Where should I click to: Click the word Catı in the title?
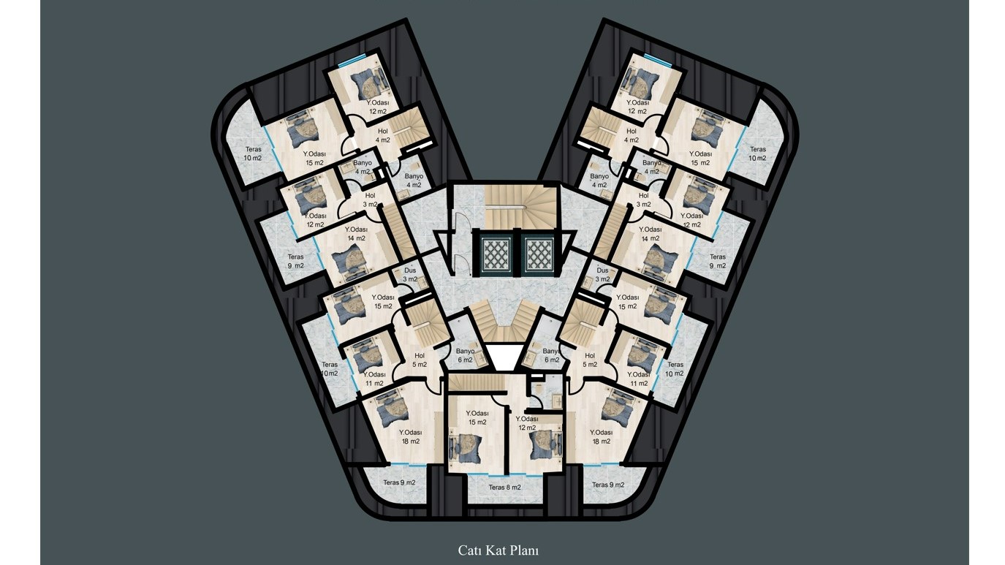click(x=468, y=550)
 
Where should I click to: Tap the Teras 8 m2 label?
click(x=505, y=487)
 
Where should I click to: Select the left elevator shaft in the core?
click(x=496, y=253)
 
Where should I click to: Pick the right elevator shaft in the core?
click(x=539, y=253)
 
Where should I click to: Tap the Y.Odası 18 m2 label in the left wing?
click(x=411, y=436)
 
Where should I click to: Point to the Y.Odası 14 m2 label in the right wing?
click(x=650, y=234)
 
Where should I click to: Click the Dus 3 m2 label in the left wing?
click(x=410, y=275)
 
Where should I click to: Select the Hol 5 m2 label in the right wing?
click(x=590, y=360)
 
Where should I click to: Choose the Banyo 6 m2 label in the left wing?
click(x=466, y=355)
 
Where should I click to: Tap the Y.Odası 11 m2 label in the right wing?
click(x=639, y=379)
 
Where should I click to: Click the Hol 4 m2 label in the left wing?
click(x=383, y=135)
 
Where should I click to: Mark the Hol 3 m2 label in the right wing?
click(x=643, y=200)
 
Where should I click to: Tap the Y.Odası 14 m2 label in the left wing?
click(x=357, y=234)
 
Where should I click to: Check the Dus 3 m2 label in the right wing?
click(x=602, y=275)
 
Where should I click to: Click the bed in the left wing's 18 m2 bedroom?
click(x=391, y=409)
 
